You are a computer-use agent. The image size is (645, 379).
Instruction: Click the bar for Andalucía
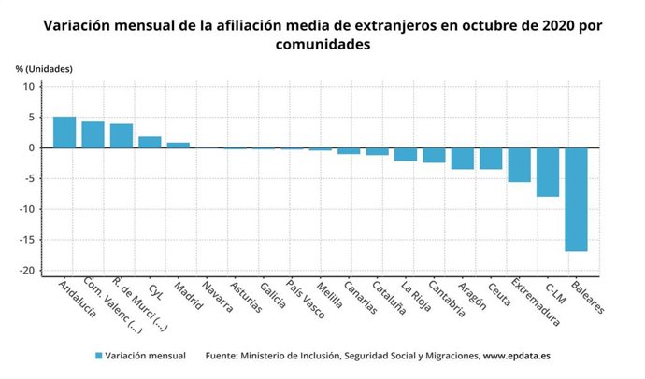(x=64, y=132)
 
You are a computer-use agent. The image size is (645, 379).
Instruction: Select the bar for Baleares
(x=576, y=199)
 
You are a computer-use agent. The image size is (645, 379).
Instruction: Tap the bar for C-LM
(x=548, y=172)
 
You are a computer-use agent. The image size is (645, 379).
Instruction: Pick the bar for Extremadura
(x=519, y=164)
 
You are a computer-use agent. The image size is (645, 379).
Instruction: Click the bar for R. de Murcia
(x=122, y=135)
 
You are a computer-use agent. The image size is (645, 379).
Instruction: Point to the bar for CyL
(x=150, y=142)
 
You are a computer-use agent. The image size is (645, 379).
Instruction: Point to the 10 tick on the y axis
(x=29, y=87)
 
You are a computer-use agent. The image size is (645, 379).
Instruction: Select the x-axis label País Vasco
(x=305, y=299)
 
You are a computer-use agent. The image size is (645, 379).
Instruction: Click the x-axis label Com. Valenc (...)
(x=110, y=306)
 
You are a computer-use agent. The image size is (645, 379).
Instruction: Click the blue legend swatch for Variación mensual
(x=98, y=356)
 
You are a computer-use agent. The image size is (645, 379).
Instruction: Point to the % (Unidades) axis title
(x=44, y=69)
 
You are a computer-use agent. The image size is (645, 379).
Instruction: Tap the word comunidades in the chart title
(x=322, y=44)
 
